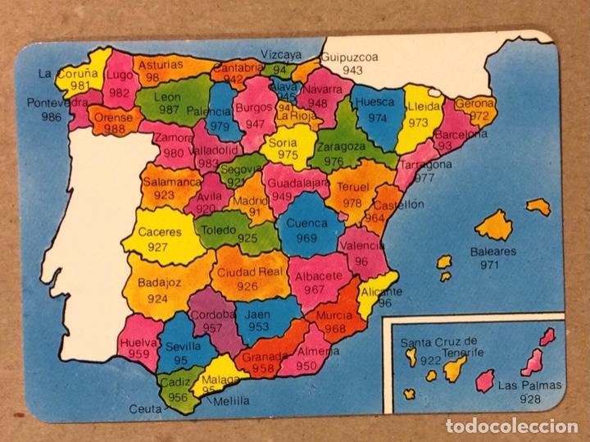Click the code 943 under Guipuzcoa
[352, 71]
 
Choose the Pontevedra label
[57, 103]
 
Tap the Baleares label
[493, 252]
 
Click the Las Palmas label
[530, 385]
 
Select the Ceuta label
[145, 408]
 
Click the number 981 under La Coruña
[79, 85]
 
